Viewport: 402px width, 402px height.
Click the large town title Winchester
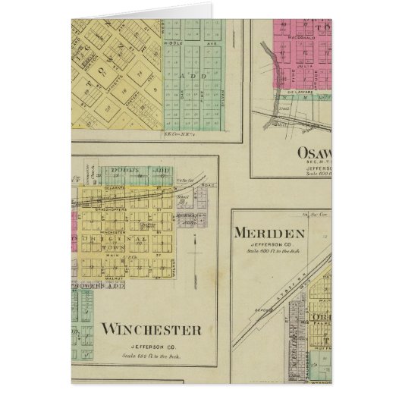pyautogui.click(x=151, y=329)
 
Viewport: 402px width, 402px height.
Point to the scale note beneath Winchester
pyautogui.click(x=152, y=355)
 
